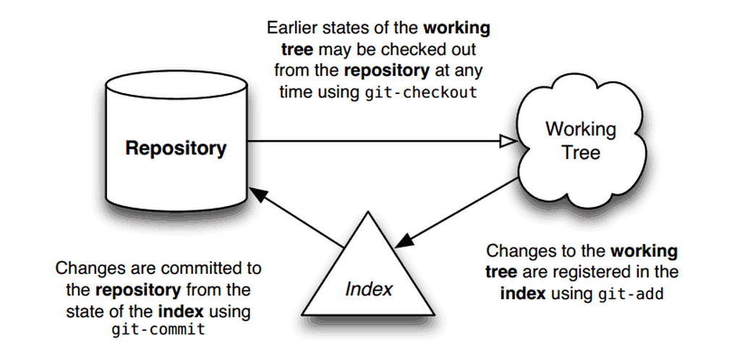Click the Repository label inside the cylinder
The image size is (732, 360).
[176, 149]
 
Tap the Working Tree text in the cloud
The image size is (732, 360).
[581, 141]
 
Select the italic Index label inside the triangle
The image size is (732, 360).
[369, 289]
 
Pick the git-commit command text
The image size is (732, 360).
[158, 330]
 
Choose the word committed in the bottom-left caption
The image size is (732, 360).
[195, 269]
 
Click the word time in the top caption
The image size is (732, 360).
[289, 93]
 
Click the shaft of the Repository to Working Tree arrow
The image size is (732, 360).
[376, 142]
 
